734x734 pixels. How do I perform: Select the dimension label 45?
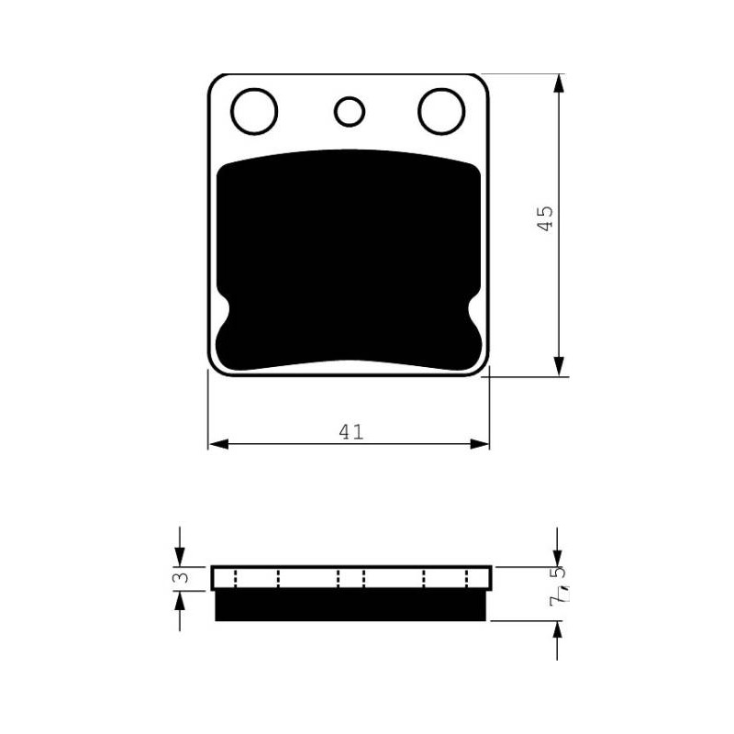pos(544,218)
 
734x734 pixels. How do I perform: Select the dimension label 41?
pos(351,432)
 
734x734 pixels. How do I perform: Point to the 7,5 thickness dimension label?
pos(558,586)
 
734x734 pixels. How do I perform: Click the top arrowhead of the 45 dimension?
pos(558,83)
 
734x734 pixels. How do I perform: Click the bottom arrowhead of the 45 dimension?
pos(558,366)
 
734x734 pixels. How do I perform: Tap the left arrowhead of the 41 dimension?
pos(218,444)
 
